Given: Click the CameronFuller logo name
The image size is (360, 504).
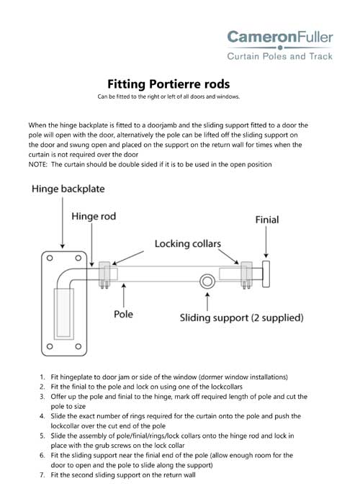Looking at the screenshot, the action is coord(280,37).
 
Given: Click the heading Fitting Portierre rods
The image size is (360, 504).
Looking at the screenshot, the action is coord(168,84).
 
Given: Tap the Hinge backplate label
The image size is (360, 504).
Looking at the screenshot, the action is coord(68,189).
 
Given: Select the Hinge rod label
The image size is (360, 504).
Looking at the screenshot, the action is coord(94,216).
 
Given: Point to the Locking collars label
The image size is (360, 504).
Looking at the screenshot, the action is coord(188,243).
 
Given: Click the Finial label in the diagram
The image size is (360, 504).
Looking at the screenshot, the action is coord(267,220).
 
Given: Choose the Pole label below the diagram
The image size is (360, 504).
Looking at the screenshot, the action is coord(123,314).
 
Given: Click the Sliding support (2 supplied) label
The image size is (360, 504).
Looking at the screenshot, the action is coord(241,318).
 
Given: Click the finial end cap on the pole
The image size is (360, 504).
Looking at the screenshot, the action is coord(266,274).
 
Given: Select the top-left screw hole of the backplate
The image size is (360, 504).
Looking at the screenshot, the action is coord(50,258).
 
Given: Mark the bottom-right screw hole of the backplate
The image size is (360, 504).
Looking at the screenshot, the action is coord(78,346).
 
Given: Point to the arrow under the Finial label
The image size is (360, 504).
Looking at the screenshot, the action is coord(266,242).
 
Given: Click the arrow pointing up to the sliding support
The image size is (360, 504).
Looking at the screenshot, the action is coord(207,302).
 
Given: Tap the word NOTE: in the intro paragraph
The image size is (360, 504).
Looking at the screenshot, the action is coord(38,165).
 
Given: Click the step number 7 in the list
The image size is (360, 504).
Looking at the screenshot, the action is coord(42,475).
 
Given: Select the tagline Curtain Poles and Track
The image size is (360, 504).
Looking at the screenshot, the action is coord(279,56).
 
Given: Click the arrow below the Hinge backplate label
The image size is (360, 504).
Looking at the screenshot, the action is coord(63,222).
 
